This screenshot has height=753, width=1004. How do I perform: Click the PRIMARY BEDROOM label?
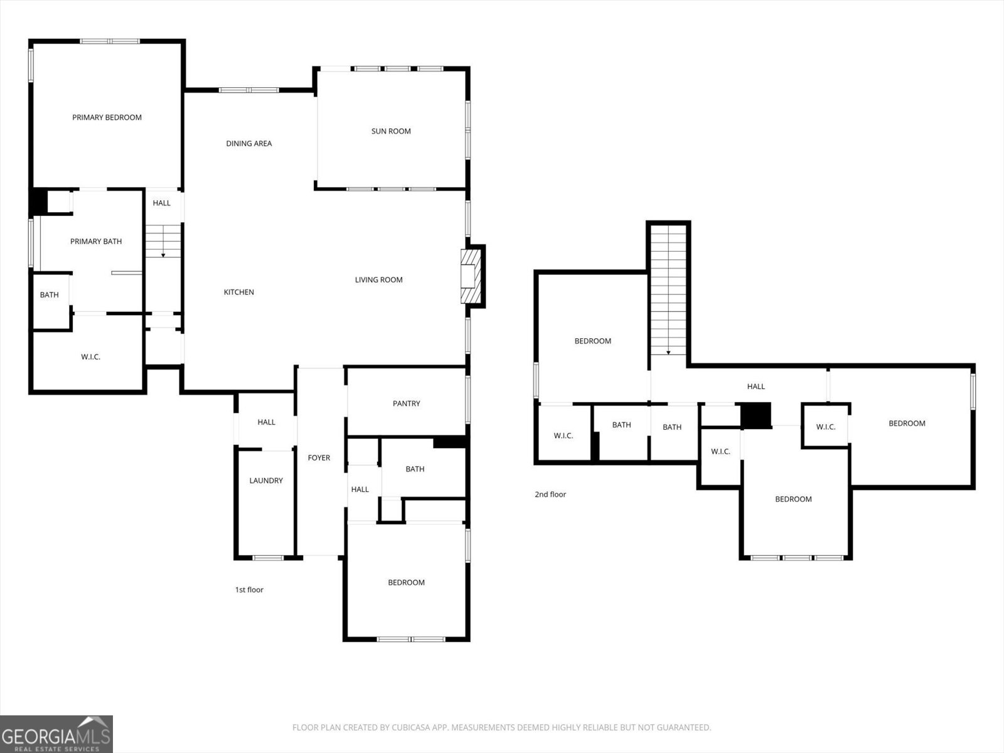(107, 117)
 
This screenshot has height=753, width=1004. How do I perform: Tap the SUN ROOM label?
(391, 131)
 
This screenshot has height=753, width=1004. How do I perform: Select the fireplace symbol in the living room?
(471, 276)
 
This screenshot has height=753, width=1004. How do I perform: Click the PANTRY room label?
(406, 403)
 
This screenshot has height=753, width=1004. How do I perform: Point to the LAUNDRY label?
(266, 481)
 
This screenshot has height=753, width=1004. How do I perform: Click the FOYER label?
(319, 458)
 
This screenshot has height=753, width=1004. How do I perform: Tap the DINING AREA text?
(248, 144)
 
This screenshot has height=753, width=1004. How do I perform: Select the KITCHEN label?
(239, 292)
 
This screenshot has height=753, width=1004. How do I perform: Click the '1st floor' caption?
(249, 590)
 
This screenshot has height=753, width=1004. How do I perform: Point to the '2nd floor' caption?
(550, 494)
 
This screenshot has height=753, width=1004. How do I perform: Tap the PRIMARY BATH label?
(96, 242)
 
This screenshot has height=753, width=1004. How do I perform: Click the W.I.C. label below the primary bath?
(90, 357)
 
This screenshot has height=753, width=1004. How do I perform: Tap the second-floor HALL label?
(756, 387)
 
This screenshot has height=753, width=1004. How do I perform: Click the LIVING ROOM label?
(378, 280)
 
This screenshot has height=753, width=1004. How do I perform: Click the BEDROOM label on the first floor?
(406, 583)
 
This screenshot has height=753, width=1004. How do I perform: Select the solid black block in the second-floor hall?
(756, 415)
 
